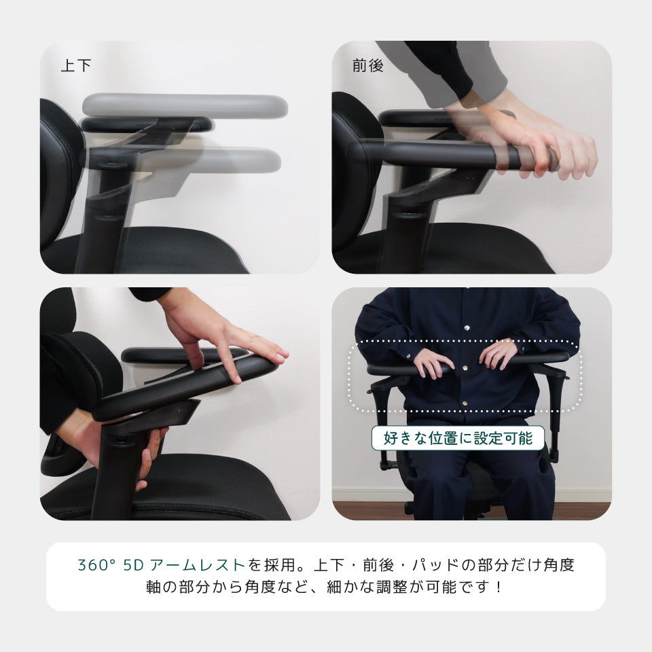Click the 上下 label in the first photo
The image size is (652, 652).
point(75,65)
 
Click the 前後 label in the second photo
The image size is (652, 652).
point(367,65)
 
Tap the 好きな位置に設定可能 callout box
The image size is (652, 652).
point(458,438)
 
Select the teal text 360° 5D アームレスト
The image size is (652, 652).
point(162,564)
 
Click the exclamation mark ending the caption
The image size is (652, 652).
point(499,587)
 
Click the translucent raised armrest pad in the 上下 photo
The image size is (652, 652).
point(185,105)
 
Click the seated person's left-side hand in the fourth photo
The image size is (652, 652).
point(433,363)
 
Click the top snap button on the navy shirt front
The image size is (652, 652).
point(467,328)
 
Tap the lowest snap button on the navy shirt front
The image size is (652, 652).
point(465,403)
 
